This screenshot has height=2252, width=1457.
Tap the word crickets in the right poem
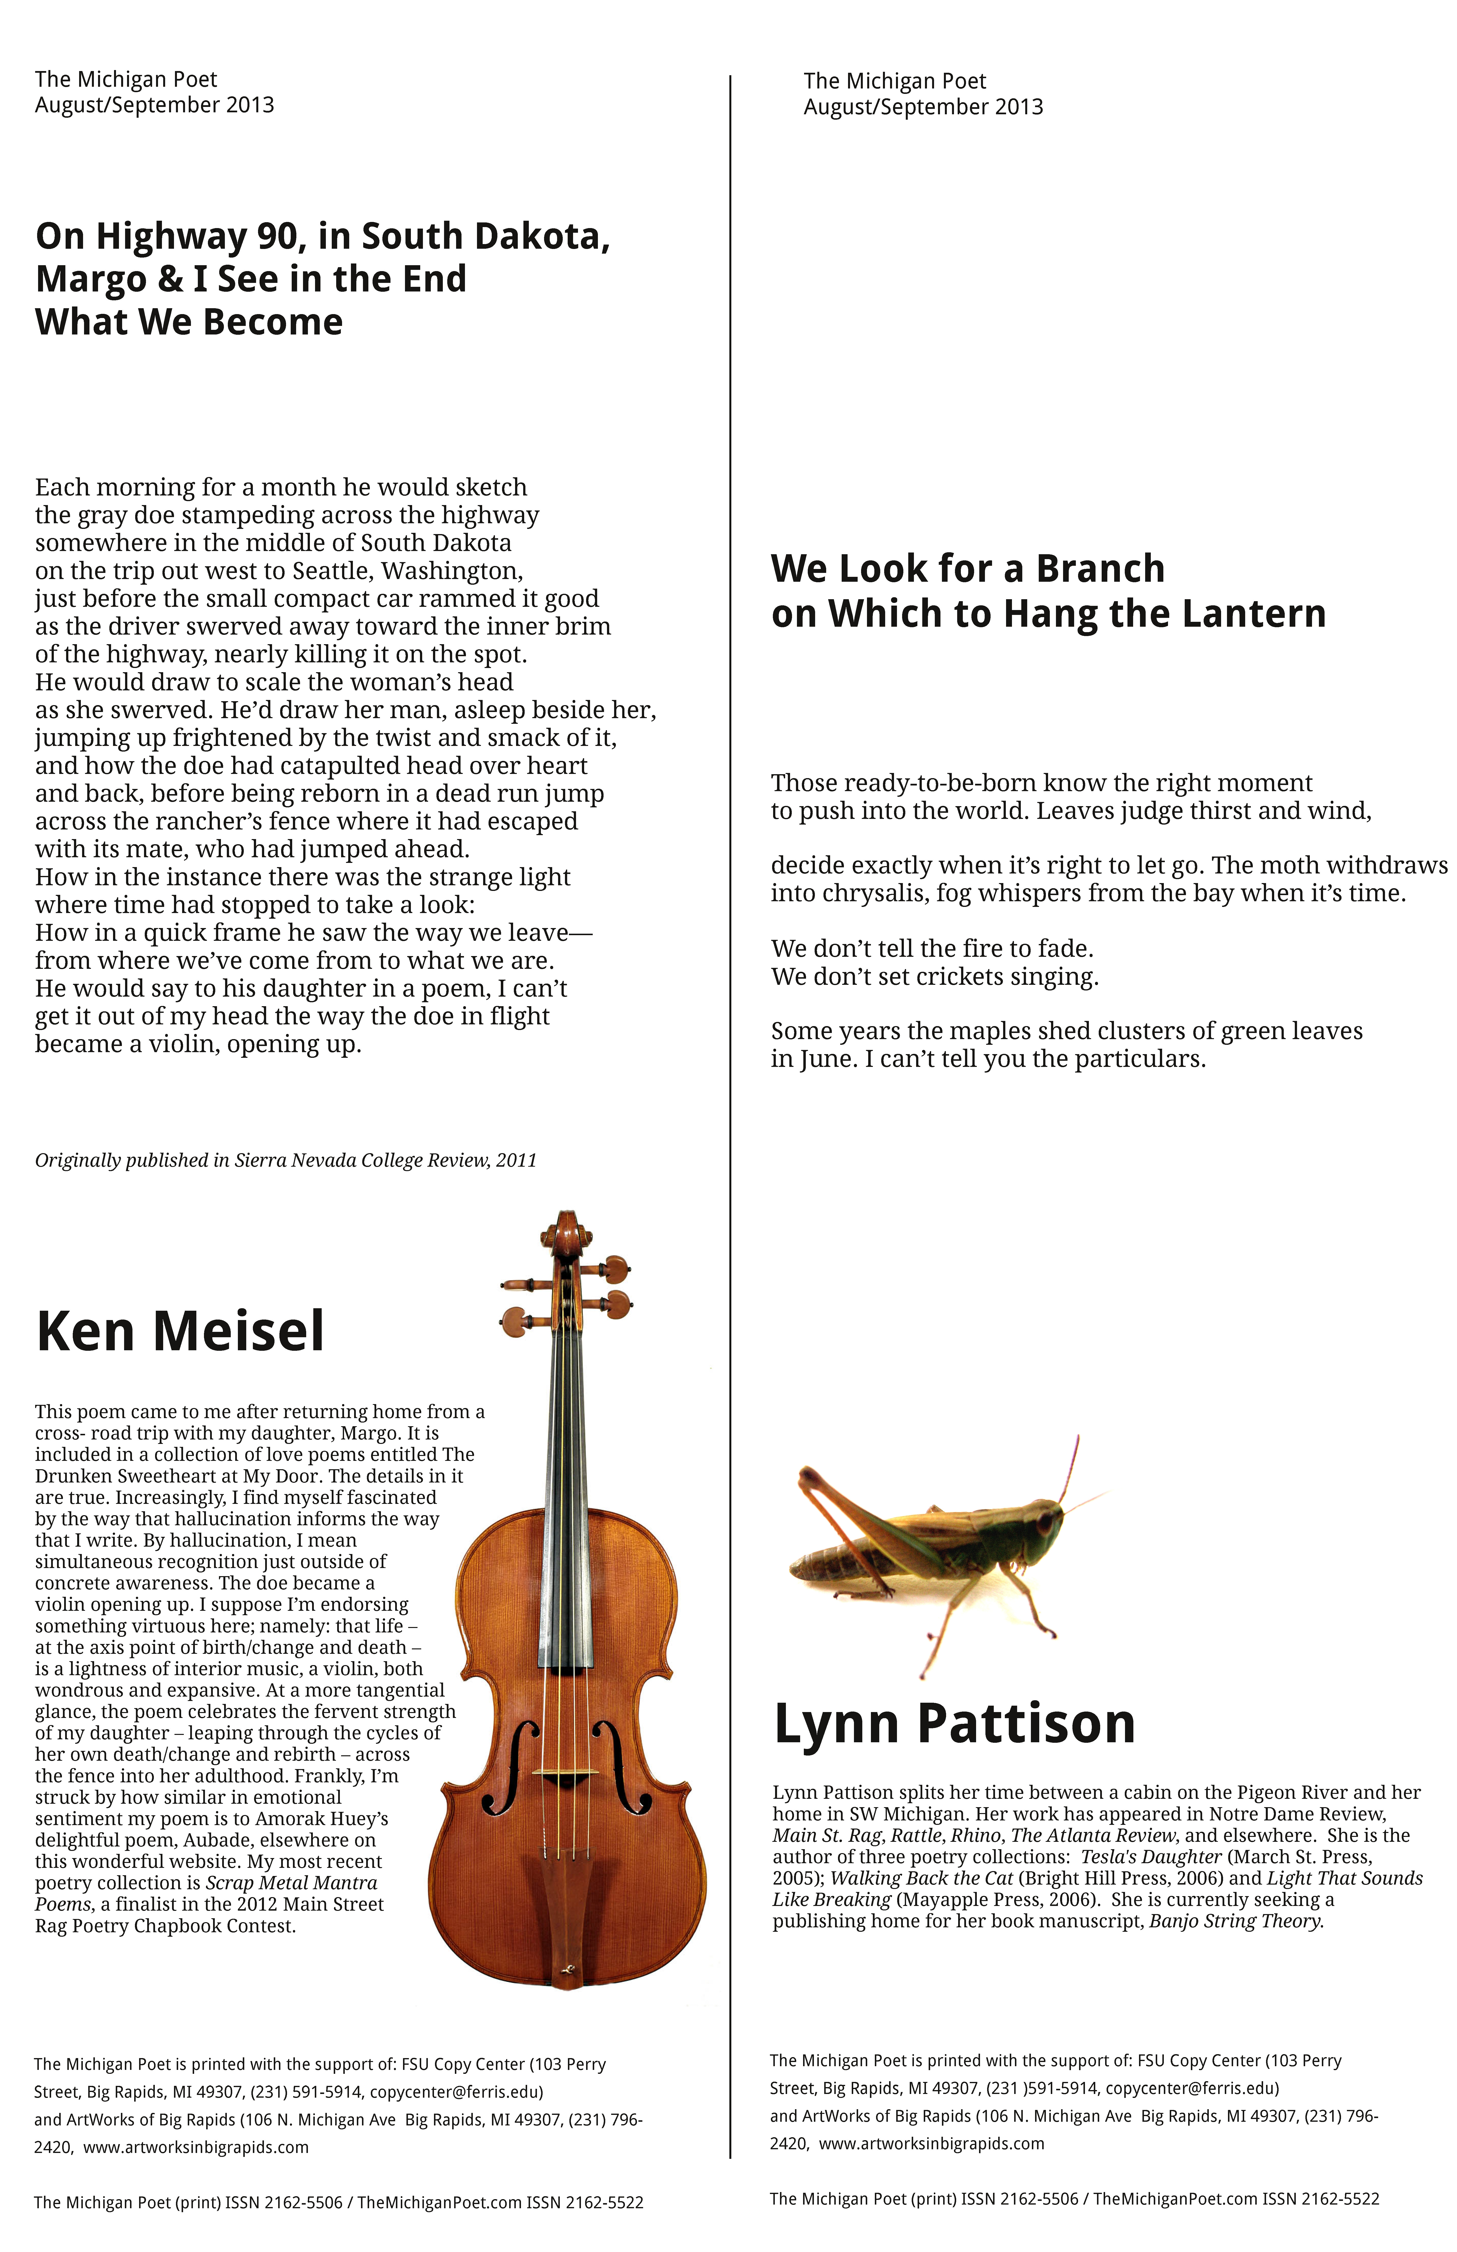(x=959, y=976)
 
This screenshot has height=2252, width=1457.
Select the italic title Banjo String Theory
(x=1235, y=1921)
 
